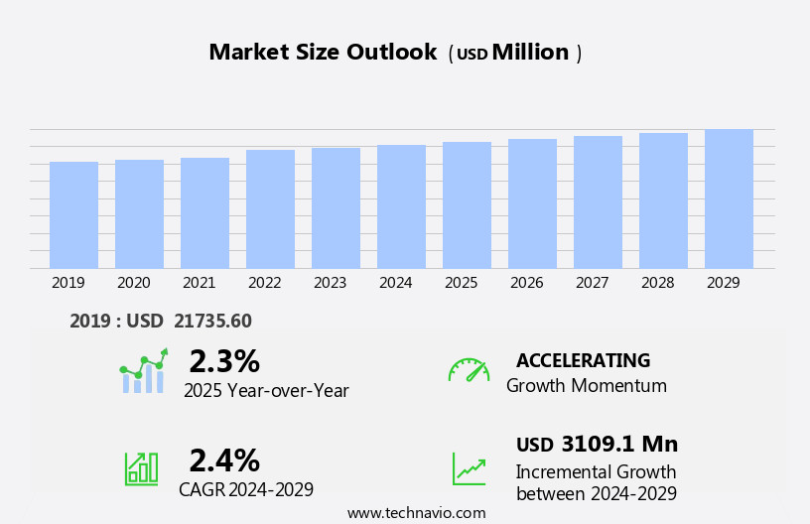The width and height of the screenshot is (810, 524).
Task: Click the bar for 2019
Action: (73, 214)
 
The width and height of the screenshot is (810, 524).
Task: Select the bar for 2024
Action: (401, 206)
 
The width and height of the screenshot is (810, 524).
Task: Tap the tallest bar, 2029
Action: (729, 198)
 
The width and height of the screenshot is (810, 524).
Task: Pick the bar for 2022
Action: (270, 208)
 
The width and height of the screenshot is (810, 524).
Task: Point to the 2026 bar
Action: (532, 203)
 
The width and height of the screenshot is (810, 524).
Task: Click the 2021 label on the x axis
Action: (199, 283)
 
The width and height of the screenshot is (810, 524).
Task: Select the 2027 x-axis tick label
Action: (592, 283)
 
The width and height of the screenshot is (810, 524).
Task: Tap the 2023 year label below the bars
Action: (330, 283)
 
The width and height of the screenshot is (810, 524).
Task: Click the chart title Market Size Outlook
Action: (323, 53)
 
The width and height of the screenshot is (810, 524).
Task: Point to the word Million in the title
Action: (530, 53)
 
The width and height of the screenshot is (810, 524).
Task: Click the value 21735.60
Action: (212, 321)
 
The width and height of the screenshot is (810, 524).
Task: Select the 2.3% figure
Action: (224, 361)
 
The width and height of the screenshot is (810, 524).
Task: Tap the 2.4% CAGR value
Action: (224, 460)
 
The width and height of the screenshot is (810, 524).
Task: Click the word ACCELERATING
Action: (583, 361)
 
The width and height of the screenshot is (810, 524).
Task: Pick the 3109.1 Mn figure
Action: (619, 445)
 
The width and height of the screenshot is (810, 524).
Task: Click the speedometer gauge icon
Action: (469, 370)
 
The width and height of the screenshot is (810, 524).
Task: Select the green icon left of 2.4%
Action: (141, 467)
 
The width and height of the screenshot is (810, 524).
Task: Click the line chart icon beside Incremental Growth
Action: (469, 468)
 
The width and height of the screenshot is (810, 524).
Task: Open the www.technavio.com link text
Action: (416, 513)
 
